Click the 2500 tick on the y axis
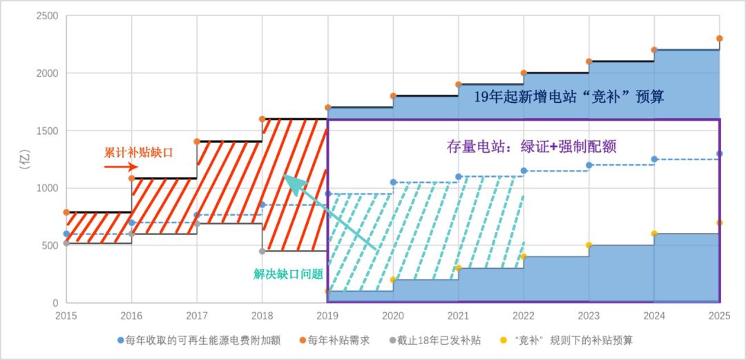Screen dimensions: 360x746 point(47,16)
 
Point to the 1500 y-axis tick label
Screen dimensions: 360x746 point(47,131)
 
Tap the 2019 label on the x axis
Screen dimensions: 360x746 point(327,316)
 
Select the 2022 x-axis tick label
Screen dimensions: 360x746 point(524,316)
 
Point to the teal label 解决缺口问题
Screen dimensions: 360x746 point(289,274)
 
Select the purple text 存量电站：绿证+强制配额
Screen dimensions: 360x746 point(530,146)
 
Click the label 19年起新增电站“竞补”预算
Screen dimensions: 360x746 point(568,97)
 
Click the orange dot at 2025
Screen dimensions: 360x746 point(719,39)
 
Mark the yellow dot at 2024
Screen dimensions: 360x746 point(654,234)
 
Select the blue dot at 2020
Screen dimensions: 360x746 point(393,182)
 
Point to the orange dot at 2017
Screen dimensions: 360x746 point(197,142)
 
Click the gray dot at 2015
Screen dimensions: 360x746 point(66,243)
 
